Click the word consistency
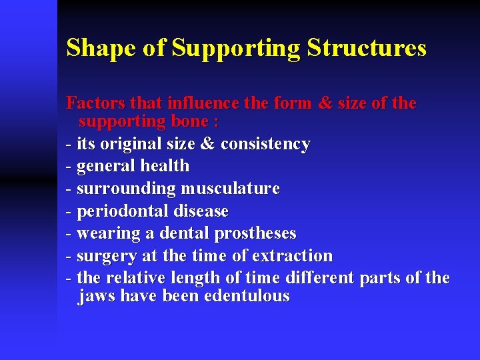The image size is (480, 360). coord(265,144)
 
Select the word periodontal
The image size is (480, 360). coord(123,211)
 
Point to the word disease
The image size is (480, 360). coord(201,211)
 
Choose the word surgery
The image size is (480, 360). coord(107,256)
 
